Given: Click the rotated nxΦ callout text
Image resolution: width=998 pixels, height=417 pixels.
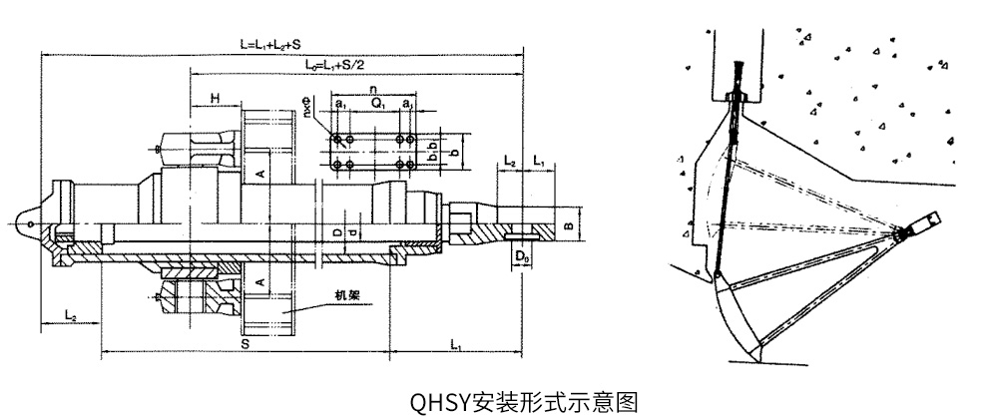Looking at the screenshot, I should click(x=311, y=113).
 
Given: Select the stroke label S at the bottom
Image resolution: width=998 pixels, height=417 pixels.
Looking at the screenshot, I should click(x=245, y=342).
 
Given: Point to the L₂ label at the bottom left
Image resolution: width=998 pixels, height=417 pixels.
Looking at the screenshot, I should click(x=71, y=314).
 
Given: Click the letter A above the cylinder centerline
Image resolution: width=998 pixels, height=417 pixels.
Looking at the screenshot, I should click(x=258, y=174).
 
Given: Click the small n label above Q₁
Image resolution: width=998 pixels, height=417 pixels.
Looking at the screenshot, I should click(x=371, y=90).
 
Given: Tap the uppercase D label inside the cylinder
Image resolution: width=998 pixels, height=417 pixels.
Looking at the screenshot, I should click(x=337, y=230).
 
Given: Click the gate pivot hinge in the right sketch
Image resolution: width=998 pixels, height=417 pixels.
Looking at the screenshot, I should click(x=905, y=233).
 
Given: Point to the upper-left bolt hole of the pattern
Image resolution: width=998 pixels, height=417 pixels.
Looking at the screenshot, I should click(x=341, y=138).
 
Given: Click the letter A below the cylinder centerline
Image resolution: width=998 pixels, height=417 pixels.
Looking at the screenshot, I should click(x=258, y=282).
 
